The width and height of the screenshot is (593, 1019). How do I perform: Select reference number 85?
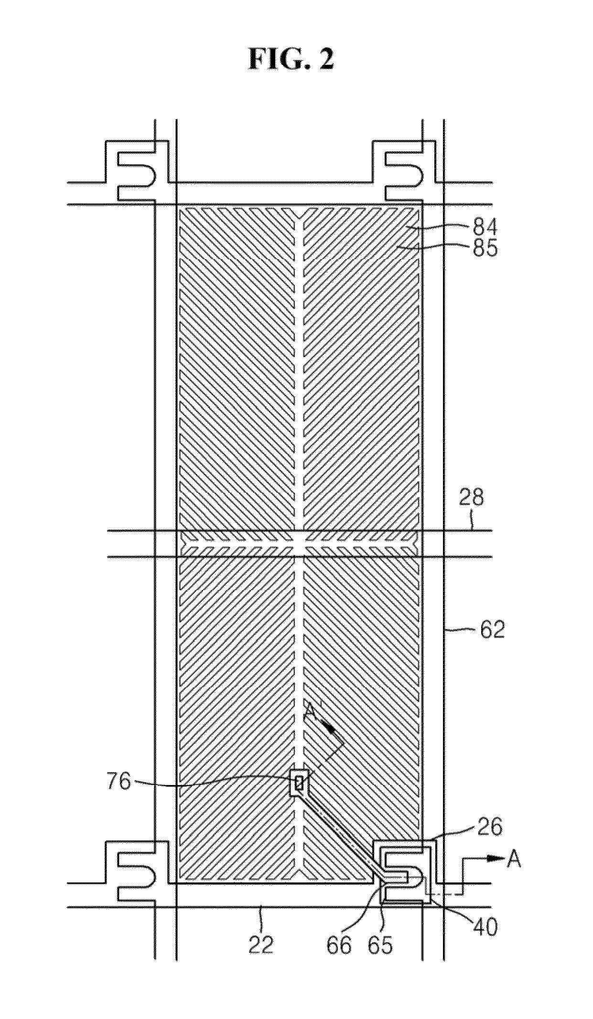(x=485, y=249)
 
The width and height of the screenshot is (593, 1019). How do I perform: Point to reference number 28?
(x=472, y=498)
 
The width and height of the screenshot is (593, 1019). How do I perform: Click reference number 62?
(x=492, y=630)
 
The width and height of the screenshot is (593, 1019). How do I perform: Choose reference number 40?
(x=485, y=926)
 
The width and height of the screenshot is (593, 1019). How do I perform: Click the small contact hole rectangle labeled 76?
(x=299, y=783)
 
